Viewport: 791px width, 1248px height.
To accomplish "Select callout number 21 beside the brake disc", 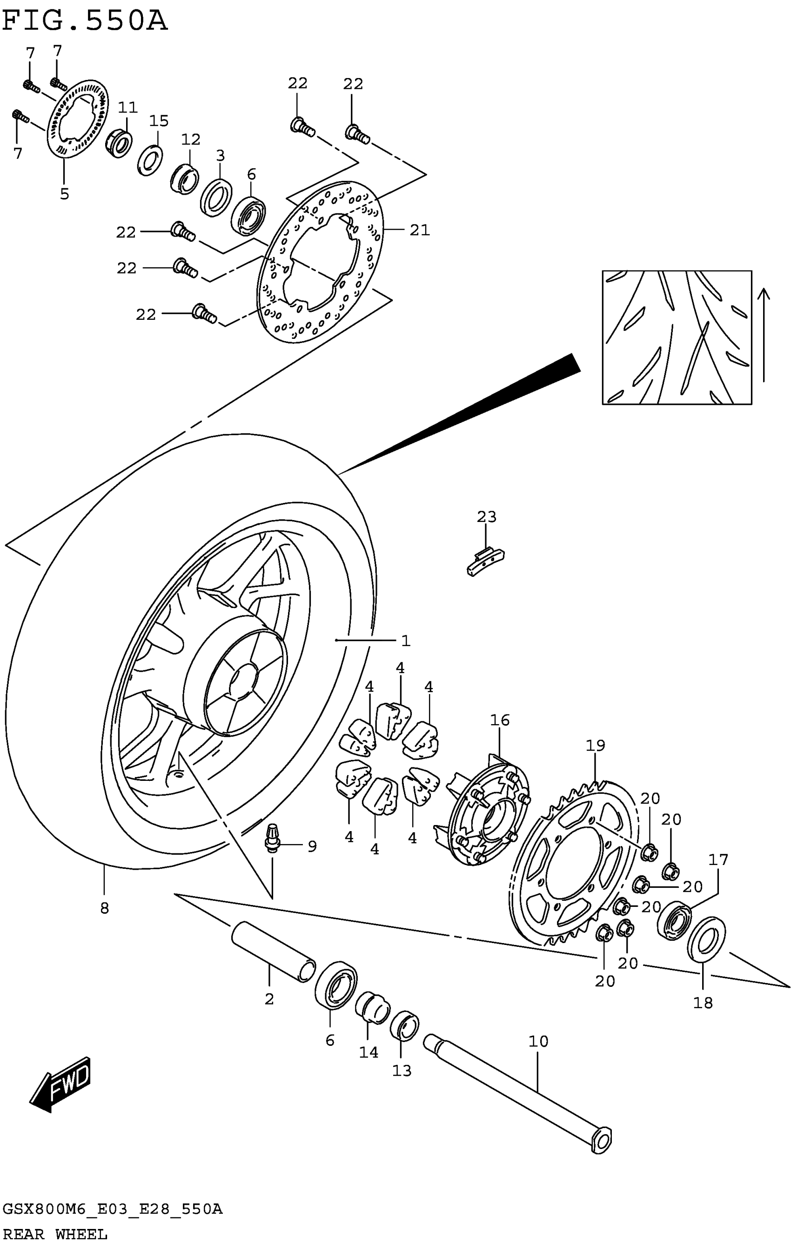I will [x=420, y=230].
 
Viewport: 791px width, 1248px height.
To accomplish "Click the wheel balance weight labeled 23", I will [x=485, y=562].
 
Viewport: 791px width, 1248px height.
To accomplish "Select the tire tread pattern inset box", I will [x=677, y=337].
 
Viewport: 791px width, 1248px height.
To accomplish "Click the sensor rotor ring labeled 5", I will [x=78, y=119].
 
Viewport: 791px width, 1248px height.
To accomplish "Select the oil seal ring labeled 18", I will [x=706, y=938].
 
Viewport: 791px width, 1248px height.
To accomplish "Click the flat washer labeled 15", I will [x=150, y=160].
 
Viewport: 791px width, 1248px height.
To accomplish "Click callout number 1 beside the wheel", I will [x=406, y=641].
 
